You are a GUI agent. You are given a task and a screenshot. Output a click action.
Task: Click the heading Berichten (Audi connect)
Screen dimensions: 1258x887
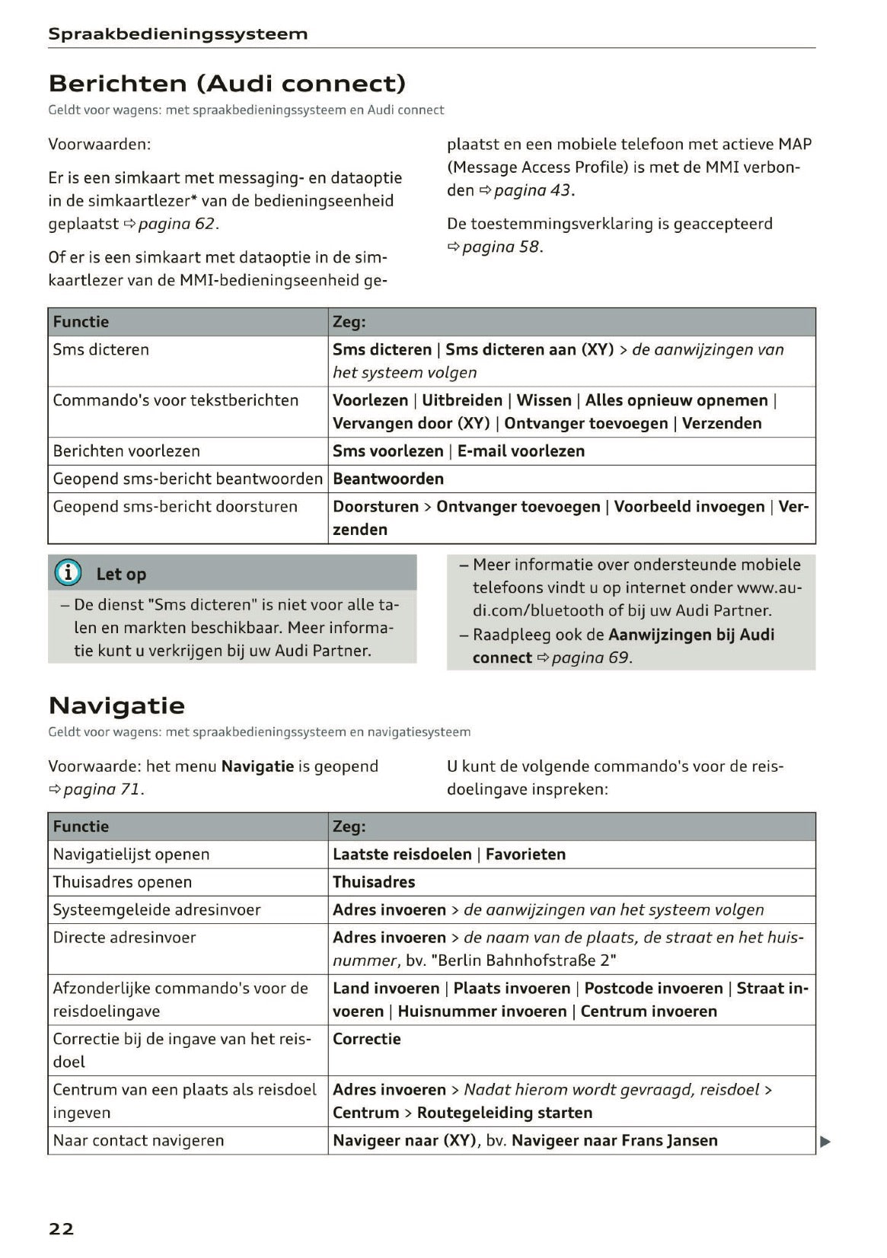coord(226,83)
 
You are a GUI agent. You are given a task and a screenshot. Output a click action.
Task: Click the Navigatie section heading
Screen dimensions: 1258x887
coord(116,705)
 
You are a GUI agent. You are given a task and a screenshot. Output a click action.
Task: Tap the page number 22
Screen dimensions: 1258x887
coord(62,1228)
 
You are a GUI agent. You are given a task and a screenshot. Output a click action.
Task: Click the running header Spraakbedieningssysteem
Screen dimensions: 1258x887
coord(177,33)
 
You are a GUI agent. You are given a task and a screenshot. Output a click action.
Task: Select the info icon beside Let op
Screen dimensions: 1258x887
coord(68,573)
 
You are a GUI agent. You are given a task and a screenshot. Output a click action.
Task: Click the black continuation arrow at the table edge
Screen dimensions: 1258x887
coord(825,1141)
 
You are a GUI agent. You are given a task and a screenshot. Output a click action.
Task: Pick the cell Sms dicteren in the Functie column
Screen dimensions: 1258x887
coord(101,350)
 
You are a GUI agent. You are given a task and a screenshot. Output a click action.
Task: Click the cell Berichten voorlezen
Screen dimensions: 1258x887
coord(126,451)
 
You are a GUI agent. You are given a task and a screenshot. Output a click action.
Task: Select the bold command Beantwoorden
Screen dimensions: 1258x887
coord(388,479)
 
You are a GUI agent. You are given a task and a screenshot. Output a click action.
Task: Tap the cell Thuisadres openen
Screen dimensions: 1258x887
coord(123,882)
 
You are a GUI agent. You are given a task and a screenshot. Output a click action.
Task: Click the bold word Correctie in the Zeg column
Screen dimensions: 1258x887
coord(366,1039)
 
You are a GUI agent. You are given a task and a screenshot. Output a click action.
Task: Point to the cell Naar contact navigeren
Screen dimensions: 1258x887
coord(139,1140)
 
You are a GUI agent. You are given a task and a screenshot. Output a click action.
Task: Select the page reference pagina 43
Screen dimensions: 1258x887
coord(531,190)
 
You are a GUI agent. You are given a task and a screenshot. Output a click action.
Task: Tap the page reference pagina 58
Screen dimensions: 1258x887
coord(501,247)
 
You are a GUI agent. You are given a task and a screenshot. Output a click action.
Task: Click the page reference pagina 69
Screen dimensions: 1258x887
coord(590,658)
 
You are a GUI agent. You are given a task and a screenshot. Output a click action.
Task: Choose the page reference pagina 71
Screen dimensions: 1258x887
coord(102,789)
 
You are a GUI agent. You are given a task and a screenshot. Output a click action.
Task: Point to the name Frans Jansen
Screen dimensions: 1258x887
coord(669,1140)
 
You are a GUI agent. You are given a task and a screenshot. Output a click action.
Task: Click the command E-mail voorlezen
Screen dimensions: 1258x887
coord(521,451)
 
